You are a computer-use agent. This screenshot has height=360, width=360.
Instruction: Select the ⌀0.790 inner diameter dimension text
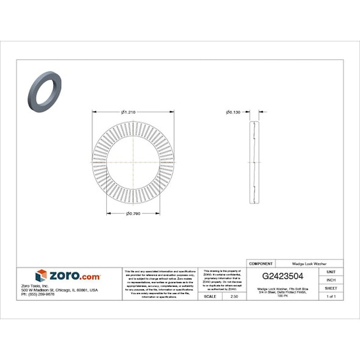click(134, 213)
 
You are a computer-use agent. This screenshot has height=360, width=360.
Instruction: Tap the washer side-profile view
click(255, 162)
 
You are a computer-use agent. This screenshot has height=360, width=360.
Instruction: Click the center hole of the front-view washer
click(133, 162)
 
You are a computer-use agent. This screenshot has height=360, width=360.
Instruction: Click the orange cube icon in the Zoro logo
click(41, 276)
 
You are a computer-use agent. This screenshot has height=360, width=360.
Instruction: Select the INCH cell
click(331, 279)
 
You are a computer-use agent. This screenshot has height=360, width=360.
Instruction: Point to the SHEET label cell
click(331, 287)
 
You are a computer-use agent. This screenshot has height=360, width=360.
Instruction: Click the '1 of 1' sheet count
click(331, 296)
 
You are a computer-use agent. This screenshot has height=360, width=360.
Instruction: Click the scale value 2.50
click(234, 296)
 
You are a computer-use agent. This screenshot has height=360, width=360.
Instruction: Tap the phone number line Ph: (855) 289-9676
click(38, 294)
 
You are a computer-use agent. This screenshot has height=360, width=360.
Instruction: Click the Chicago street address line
click(59, 290)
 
